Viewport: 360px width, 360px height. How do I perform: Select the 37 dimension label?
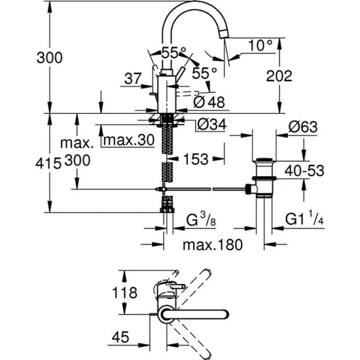coord(132,79)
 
